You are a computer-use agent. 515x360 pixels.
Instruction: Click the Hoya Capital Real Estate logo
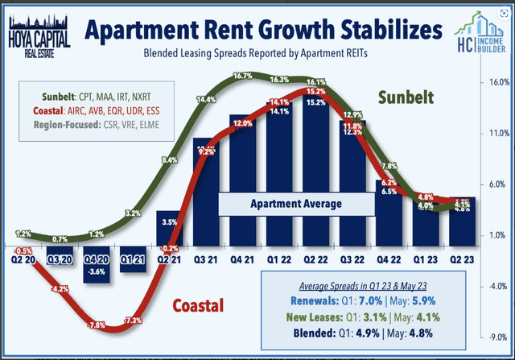pyautogui.click(x=38, y=31)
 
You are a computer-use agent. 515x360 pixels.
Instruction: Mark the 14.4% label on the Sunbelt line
pyautogui.click(x=204, y=100)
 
